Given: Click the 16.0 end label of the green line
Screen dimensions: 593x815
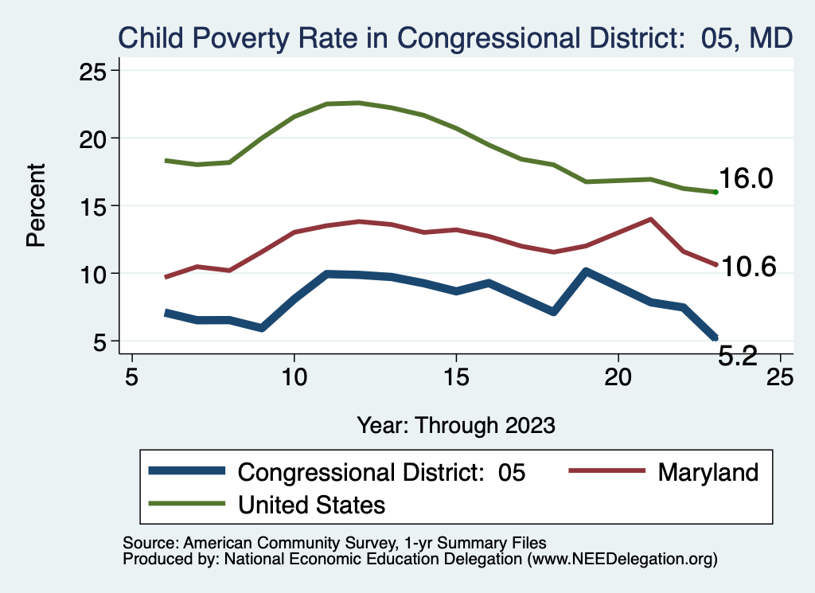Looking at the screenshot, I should pyautogui.click(x=746, y=179).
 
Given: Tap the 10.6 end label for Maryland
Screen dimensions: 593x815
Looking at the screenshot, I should pyautogui.click(x=748, y=267).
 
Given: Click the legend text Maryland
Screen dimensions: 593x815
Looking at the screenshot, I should pyautogui.click(x=708, y=472).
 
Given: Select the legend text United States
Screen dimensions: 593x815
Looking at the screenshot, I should pyautogui.click(x=312, y=504).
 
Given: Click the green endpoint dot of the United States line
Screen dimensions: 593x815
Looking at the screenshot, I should pyautogui.click(x=716, y=192).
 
